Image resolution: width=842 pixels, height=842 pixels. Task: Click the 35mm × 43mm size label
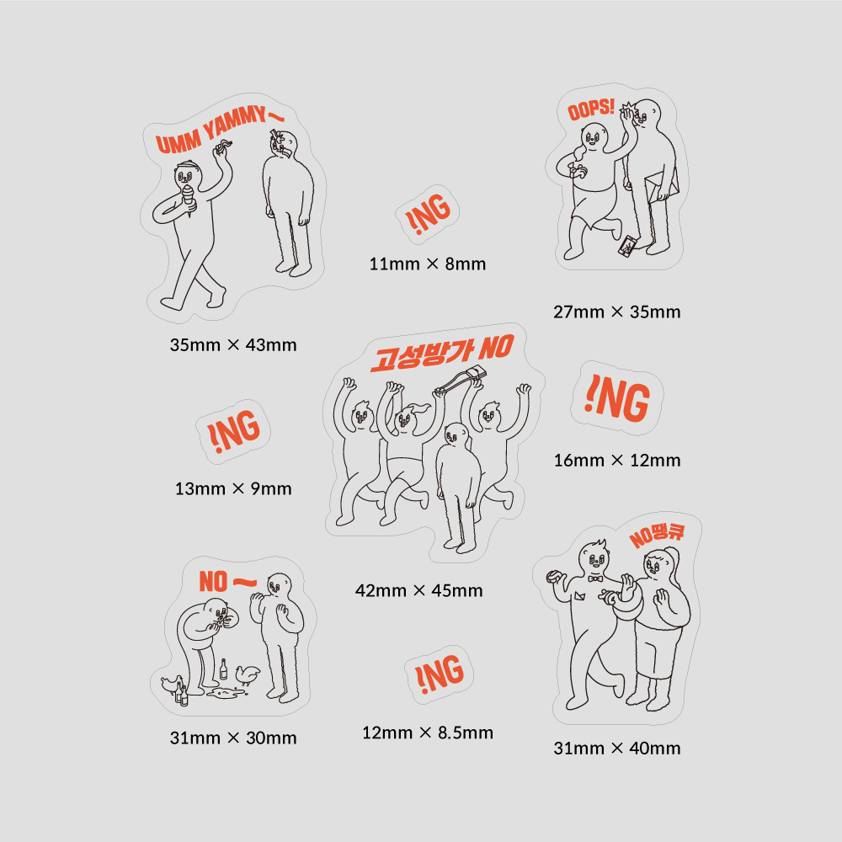233,344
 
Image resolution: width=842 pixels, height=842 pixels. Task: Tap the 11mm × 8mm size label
428,264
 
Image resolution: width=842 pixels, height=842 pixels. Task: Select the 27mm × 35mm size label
617,312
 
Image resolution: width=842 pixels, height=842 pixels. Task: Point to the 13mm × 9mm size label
233,488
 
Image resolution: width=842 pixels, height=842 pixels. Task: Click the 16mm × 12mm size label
617,461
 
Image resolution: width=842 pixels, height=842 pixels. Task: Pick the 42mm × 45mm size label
418,591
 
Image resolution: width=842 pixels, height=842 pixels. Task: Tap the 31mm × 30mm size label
233,738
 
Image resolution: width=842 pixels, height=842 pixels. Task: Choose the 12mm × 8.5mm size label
428,733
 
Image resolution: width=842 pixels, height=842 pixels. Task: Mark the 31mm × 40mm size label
617,748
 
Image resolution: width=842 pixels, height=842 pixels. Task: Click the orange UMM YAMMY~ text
219,130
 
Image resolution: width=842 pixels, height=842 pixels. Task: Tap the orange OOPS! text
591,109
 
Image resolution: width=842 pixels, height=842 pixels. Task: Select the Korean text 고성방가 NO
442,353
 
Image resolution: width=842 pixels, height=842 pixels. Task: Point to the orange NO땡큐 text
658,536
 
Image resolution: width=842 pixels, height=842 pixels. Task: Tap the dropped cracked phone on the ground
627,245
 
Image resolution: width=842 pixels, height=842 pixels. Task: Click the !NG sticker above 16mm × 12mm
617,398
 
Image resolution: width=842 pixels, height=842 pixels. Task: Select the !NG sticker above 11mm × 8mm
428,214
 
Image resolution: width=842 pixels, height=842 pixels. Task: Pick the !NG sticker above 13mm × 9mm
233,431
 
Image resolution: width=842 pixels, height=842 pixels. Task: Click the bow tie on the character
594,579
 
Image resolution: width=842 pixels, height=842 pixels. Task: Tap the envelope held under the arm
662,186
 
